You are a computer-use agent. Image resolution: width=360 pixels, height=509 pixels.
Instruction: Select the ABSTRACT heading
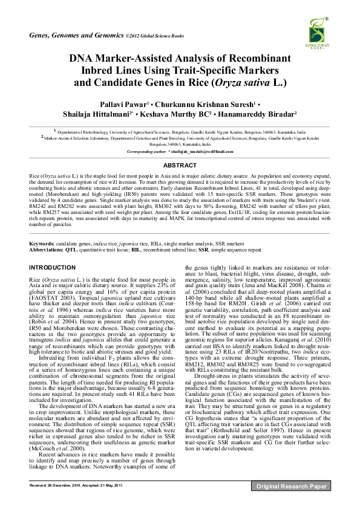[x=179, y=164]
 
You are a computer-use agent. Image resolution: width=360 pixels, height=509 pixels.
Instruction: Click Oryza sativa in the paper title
[x=250, y=83]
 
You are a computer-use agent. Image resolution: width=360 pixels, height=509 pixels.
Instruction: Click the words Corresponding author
[x=152, y=151]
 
